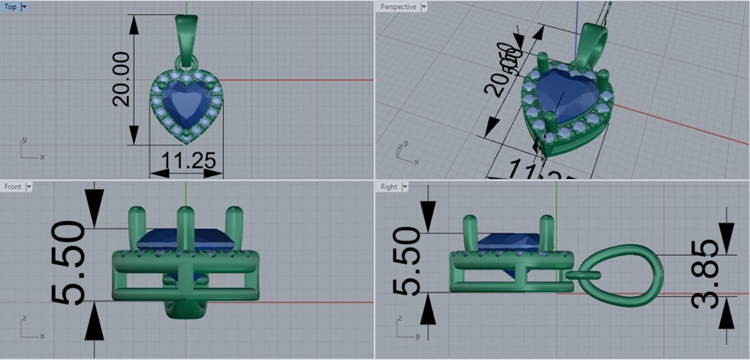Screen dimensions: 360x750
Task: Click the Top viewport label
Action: click(10, 7)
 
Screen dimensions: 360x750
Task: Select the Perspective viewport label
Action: click(398, 7)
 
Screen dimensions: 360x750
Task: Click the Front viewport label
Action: click(13, 187)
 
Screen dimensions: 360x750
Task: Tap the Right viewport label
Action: click(389, 187)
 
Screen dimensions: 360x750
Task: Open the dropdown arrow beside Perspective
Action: click(424, 7)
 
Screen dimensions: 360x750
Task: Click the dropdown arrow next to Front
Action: click(29, 187)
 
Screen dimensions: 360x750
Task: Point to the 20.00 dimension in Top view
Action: click(121, 79)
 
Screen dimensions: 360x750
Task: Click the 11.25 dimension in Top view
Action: click(188, 161)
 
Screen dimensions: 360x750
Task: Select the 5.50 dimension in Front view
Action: click(68, 263)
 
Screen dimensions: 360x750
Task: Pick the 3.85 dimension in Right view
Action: click(705, 275)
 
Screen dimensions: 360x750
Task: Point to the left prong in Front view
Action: click(137, 223)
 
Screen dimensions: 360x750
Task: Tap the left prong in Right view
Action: click(470, 230)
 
